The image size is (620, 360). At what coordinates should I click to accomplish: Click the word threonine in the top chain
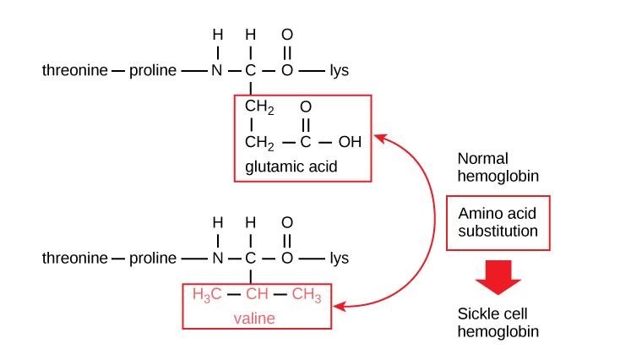coord(75,70)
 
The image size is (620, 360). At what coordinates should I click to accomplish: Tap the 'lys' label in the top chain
coord(339,70)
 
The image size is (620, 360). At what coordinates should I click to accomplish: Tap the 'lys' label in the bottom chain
coord(339,259)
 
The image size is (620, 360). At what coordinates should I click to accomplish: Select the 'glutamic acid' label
coord(291,166)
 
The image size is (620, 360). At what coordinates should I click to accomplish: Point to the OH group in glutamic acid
coord(350,141)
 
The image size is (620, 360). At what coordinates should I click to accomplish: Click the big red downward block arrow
coord(498,275)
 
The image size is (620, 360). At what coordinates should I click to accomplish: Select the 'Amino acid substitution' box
coord(498,222)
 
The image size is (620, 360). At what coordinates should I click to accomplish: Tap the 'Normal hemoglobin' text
coord(498,166)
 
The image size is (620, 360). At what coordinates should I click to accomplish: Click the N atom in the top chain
coord(217,70)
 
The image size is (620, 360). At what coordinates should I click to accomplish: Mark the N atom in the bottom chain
coord(217,259)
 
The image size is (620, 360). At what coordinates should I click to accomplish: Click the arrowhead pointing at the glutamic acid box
coord(379,137)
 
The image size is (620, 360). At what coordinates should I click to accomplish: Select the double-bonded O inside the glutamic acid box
coord(306,107)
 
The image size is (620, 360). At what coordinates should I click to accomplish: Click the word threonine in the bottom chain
coord(75,259)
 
